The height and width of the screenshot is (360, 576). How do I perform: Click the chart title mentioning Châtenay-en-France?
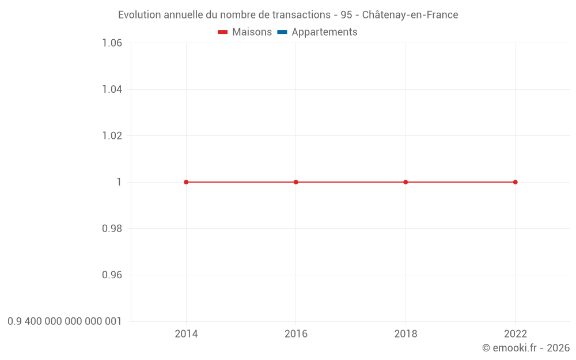(288, 15)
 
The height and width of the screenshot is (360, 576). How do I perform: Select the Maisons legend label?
(252, 32)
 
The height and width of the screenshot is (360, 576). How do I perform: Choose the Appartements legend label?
(324, 32)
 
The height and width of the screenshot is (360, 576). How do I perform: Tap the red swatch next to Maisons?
(223, 32)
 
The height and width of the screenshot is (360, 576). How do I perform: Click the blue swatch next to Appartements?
(282, 32)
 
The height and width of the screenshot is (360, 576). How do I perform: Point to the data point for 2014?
(186, 182)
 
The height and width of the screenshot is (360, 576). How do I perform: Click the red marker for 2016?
(296, 182)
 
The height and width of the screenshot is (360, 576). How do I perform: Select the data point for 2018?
(406, 182)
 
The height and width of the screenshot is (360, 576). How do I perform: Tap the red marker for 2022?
(516, 182)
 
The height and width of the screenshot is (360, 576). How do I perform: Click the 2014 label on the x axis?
(186, 334)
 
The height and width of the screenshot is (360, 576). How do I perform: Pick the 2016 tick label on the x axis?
(296, 334)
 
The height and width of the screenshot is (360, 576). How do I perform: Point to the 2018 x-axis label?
(406, 334)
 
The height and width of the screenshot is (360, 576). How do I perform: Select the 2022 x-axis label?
(516, 334)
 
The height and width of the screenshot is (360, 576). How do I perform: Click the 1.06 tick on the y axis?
(112, 43)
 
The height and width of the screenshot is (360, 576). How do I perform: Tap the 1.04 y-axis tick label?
(112, 89)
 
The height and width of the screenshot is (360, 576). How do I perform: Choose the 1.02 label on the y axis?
(112, 136)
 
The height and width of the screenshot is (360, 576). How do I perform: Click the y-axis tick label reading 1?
(119, 182)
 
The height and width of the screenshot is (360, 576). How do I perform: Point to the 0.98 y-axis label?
(112, 229)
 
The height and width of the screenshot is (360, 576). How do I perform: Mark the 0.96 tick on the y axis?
(112, 275)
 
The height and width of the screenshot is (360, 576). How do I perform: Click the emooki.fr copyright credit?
(526, 348)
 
